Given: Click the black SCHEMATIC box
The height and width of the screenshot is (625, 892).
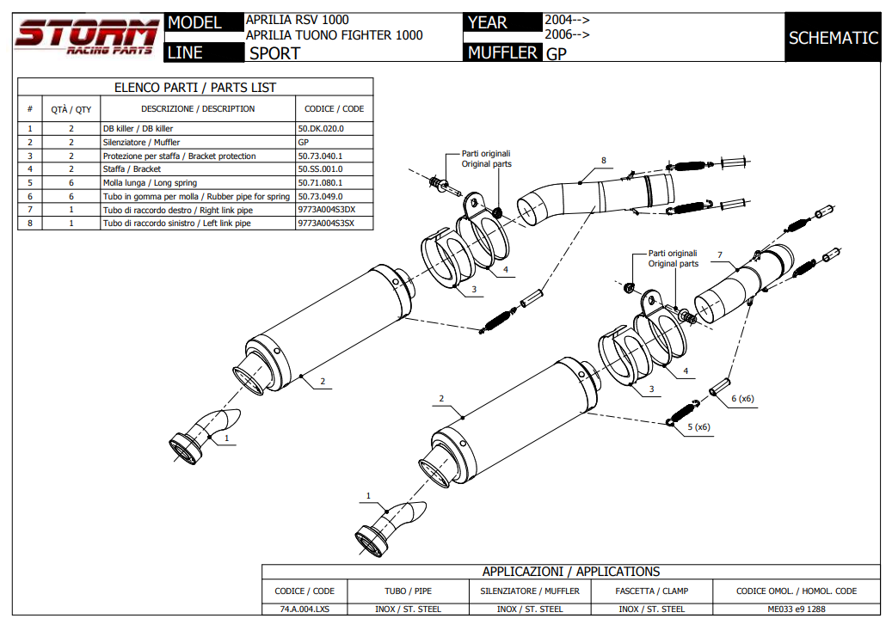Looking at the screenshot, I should coord(833,38).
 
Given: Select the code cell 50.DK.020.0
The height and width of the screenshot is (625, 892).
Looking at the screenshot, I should coord(321,128).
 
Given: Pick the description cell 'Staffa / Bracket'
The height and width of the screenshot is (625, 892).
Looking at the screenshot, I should coord(132,169).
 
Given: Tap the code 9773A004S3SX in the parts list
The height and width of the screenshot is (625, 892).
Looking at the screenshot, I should coord(326,223).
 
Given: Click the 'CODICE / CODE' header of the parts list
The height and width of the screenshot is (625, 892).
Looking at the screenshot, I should coord(334,109).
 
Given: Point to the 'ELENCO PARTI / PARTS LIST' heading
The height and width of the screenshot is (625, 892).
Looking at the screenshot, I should coord(195,88).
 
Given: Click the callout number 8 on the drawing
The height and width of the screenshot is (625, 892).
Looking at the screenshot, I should coord(604,161).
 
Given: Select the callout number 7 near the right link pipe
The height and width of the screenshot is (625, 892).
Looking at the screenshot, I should coord(719,255).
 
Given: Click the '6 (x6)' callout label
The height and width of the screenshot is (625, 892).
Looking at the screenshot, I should coord(742,398).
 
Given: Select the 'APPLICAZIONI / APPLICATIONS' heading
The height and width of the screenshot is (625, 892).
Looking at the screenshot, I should coord(570,572).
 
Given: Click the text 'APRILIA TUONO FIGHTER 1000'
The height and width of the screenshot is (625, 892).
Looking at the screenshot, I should coord(334,35).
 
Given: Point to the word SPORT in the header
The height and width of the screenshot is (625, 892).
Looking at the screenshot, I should coord(274,53).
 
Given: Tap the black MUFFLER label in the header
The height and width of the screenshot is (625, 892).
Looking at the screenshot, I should coord(502,53).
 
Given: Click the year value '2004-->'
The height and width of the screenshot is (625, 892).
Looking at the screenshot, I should coord(567,19).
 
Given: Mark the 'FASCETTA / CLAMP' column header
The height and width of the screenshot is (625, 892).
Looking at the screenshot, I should coord(651,591).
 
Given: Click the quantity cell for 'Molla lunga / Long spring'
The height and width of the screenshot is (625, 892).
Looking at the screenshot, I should coord(71,183).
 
